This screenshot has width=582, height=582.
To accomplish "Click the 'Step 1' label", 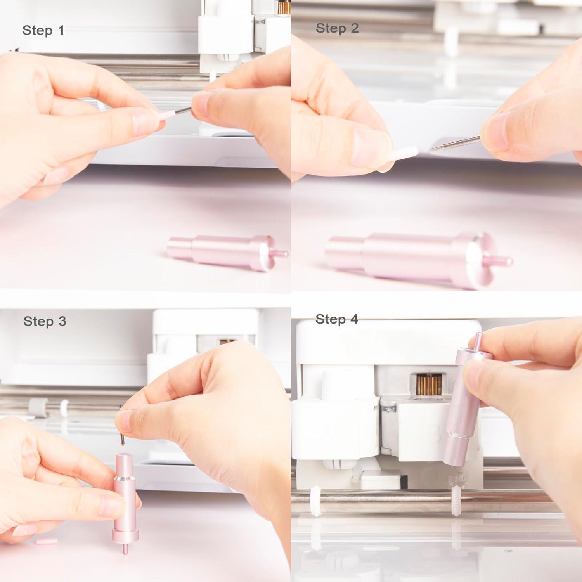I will coord(43,30).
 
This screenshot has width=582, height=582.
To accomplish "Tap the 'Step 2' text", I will coord(337,28).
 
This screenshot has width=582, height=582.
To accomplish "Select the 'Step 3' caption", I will coord(45,321).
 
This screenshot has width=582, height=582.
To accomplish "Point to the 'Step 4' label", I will coord(336,319).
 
